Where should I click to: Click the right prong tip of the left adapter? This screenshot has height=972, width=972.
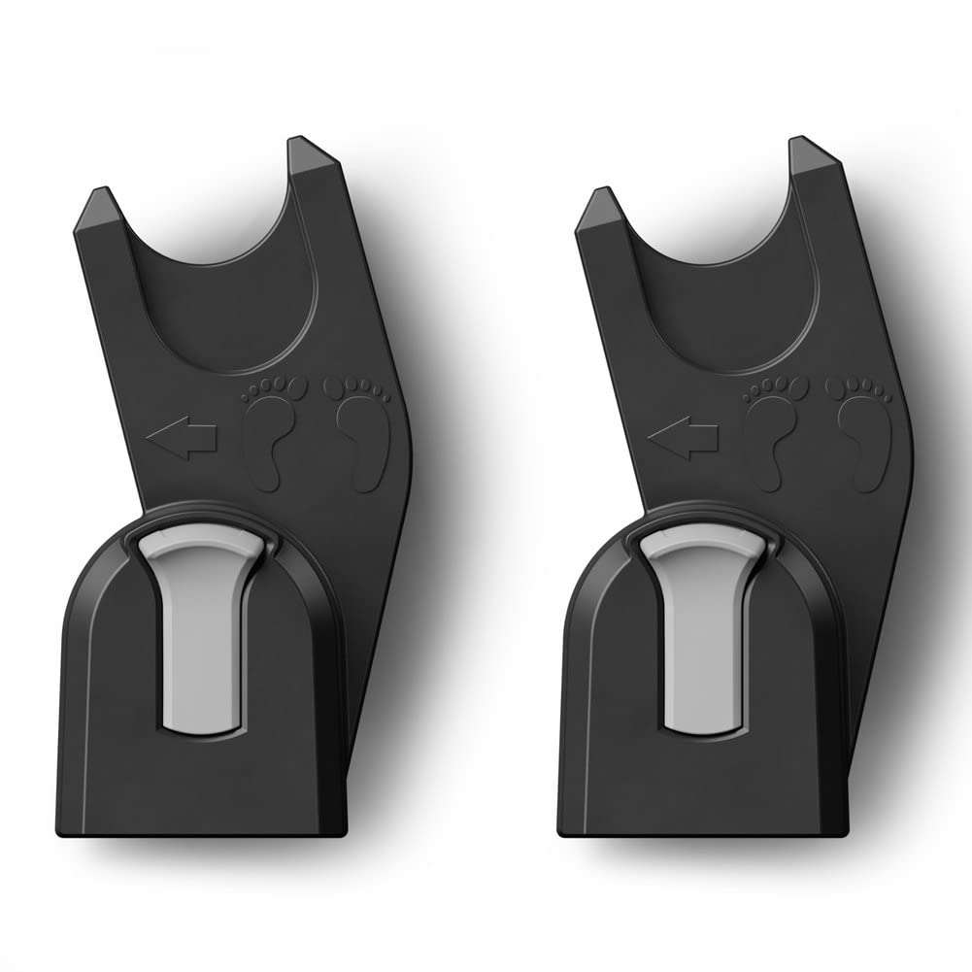tap(309, 151)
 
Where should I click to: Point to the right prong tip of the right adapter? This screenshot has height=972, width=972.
tap(807, 151)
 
